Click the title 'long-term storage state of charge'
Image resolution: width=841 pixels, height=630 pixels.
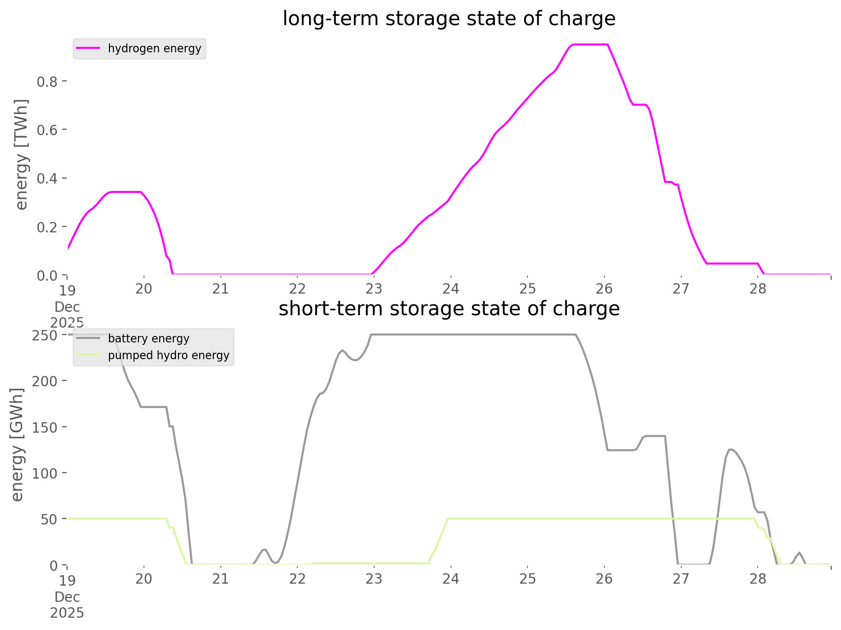click(449, 19)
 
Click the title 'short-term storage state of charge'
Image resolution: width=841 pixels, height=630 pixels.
click(449, 309)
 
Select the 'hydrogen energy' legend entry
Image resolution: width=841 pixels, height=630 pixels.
click(154, 48)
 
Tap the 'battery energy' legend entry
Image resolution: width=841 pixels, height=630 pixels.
click(148, 338)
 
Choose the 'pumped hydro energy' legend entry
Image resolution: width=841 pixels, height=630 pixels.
click(168, 355)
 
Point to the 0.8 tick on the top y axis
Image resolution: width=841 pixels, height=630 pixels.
click(47, 81)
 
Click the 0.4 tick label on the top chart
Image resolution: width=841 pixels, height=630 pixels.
click(47, 178)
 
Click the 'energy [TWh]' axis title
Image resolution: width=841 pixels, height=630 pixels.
click(22, 154)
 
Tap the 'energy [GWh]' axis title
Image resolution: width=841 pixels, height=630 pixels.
click(17, 445)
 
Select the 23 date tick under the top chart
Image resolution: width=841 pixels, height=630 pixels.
click(374, 289)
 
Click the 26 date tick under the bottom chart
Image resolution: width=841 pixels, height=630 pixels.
click(604, 579)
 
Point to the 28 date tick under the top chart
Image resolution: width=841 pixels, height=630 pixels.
click(758, 289)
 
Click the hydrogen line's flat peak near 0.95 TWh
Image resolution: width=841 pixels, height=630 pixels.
click(589, 45)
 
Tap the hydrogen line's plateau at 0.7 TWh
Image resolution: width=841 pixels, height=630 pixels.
click(639, 105)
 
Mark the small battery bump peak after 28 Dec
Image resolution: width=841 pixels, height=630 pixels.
click(799, 553)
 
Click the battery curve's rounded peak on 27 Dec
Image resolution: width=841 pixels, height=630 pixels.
click(730, 449)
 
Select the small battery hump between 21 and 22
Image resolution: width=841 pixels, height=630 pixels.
click(265, 549)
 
